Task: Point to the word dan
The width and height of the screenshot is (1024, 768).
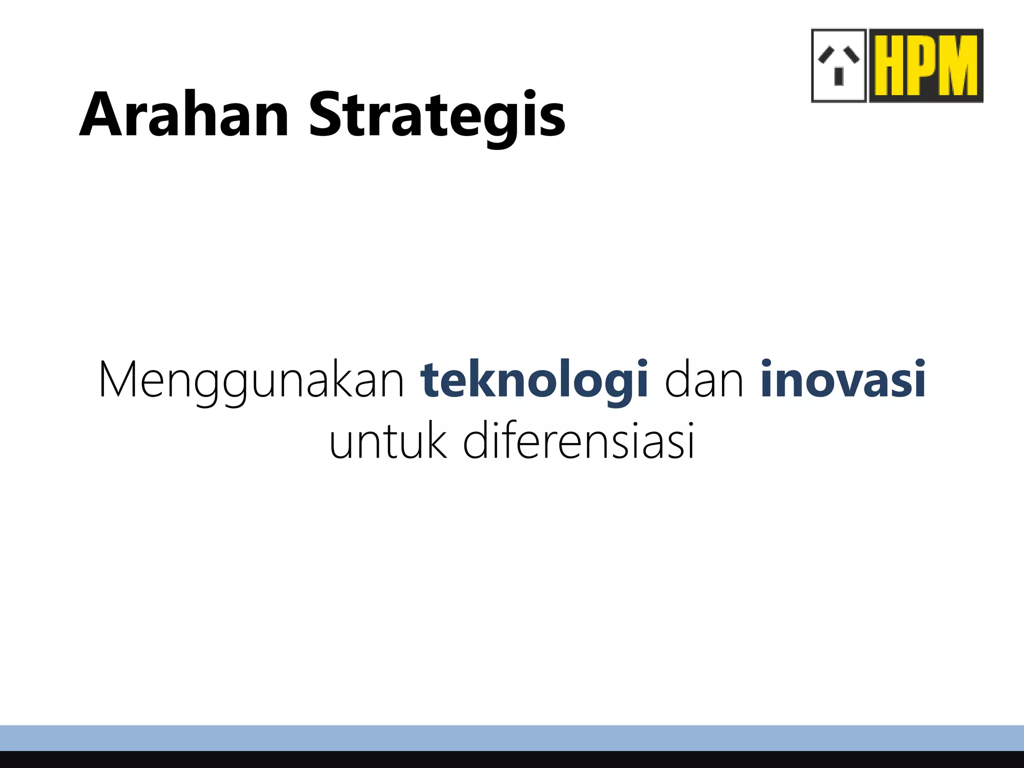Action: pos(704,380)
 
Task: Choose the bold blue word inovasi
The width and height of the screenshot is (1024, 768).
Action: pos(843,380)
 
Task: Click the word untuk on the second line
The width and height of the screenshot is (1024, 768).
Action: pos(387,441)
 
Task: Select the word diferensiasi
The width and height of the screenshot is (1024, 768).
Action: pos(578,441)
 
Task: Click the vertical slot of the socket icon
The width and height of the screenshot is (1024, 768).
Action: pos(839,76)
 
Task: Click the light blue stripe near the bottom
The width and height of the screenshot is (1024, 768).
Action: pos(512,738)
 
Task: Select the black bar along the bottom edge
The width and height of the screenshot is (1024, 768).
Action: pos(512,759)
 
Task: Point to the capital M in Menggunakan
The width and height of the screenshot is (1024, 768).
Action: pos(120,380)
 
